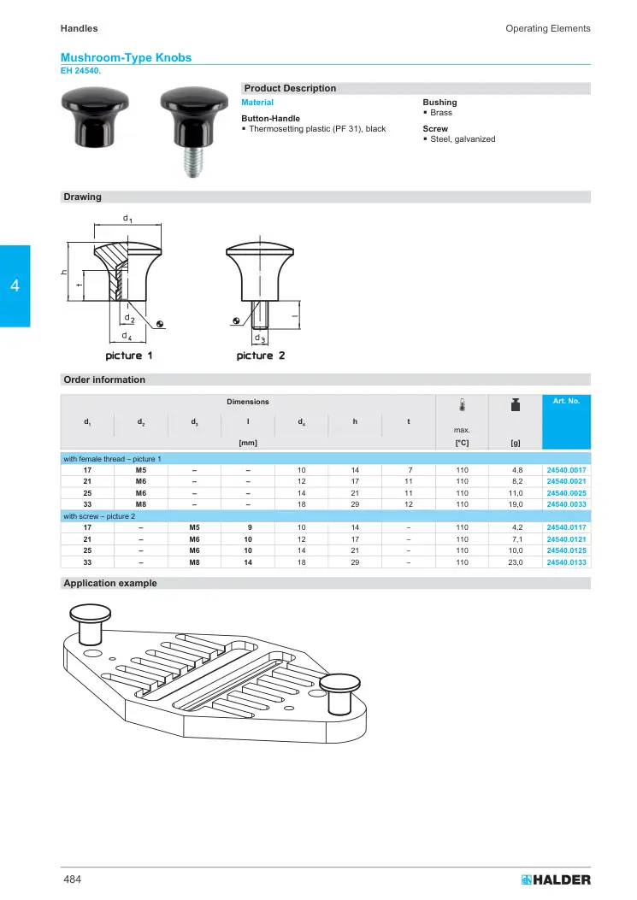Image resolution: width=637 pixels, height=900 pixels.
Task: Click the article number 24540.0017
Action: [566, 470]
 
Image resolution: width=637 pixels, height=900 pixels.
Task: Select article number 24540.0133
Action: [566, 562]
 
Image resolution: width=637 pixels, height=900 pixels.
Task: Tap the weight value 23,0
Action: [516, 562]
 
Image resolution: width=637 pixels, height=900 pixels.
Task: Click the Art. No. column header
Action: [566, 401]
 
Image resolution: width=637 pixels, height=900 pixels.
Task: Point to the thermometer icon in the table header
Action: [462, 404]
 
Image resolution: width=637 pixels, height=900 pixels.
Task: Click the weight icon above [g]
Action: [516, 404]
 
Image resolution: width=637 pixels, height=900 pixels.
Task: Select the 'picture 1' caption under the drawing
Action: [128, 356]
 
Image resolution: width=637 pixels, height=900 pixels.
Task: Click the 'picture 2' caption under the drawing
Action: [260, 356]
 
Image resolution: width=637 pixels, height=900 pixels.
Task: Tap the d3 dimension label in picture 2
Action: [260, 338]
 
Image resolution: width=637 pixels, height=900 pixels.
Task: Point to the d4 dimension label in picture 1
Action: [127, 336]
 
